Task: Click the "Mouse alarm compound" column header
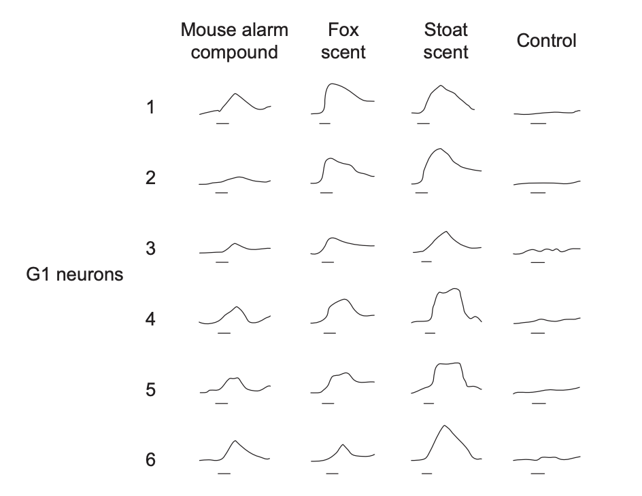235,41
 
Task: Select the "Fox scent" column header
343,41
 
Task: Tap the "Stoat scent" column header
445,41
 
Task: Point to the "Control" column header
546,41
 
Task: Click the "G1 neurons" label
75,274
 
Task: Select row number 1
150,107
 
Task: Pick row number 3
150,248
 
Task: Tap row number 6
150,460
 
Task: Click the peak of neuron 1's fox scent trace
332,84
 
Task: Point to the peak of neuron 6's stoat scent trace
444,425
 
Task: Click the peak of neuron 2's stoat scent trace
440,148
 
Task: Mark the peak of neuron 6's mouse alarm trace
235,441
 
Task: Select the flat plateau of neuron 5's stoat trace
448,364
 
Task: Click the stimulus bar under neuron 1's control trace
538,123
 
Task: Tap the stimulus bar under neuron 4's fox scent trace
330,333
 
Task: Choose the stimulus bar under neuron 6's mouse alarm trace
224,474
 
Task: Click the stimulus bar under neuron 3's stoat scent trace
426,262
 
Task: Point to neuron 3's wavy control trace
547,250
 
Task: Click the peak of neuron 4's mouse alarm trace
237,306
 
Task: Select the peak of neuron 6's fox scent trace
343,444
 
